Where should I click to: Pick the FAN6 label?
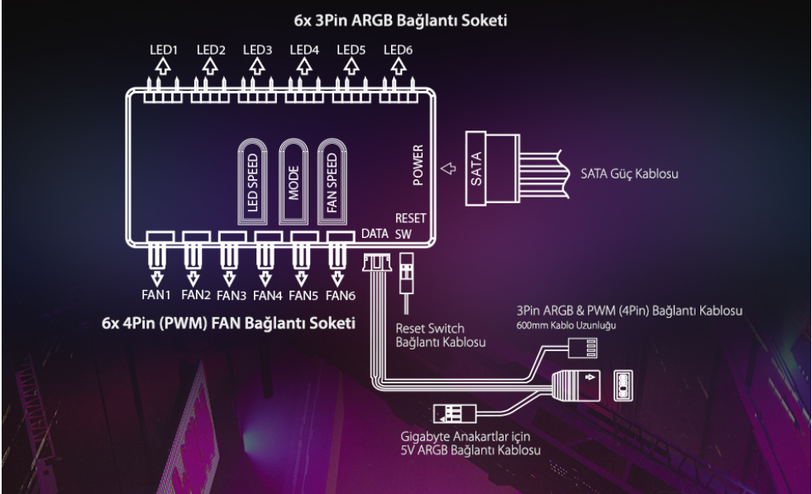click(x=340, y=293)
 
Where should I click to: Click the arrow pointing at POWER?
click(x=449, y=169)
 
